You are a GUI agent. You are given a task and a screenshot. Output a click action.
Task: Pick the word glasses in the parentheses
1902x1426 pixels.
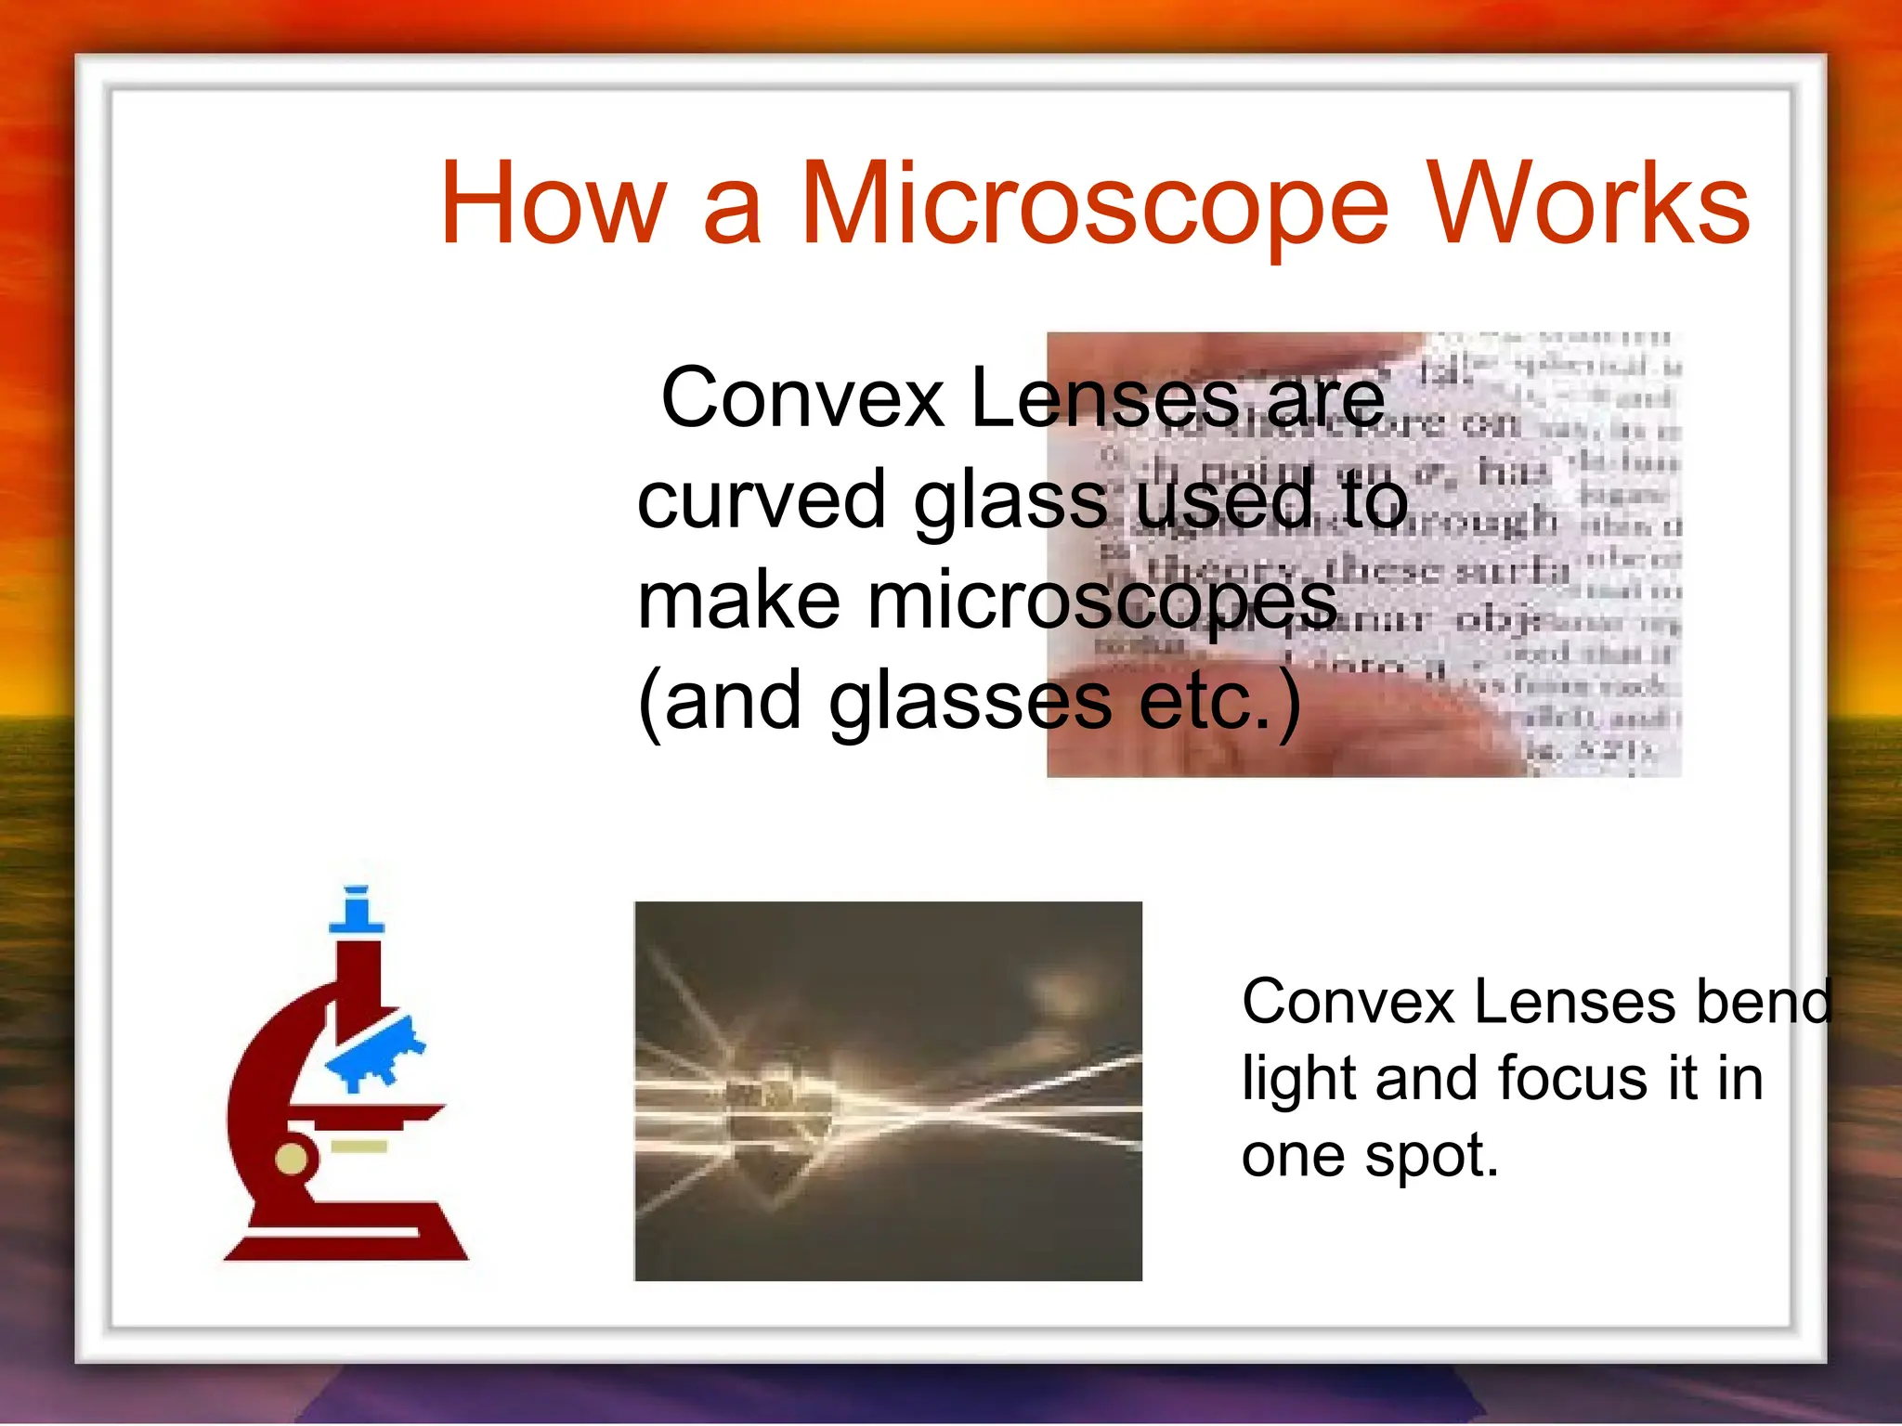click(x=970, y=704)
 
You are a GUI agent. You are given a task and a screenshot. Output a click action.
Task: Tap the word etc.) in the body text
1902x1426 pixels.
click(x=1219, y=704)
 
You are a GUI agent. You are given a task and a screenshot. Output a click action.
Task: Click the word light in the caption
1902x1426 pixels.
click(x=1300, y=1080)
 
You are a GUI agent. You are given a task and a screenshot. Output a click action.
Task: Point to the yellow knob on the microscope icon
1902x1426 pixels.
click(x=292, y=1159)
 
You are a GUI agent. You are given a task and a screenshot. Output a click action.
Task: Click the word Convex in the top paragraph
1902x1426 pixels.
click(x=802, y=399)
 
